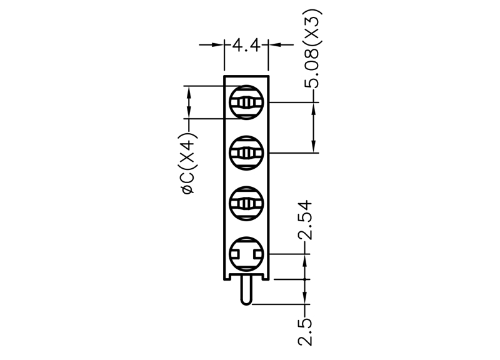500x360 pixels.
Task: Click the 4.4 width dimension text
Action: [246, 45]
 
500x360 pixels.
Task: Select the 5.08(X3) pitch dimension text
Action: [312, 49]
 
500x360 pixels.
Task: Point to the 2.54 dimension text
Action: [305, 220]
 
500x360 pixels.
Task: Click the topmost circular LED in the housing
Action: [246, 102]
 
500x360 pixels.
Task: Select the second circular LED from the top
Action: [246, 153]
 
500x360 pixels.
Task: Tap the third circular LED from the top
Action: [246, 203]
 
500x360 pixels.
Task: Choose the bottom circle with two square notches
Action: [246, 254]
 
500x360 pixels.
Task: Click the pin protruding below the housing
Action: [246, 290]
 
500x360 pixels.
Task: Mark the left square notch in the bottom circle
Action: [234, 254]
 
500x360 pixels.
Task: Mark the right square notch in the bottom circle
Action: [258, 254]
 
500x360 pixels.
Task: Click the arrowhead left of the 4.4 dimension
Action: [217, 45]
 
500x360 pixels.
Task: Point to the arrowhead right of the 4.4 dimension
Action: [274, 45]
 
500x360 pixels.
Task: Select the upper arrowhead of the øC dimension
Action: [189, 93]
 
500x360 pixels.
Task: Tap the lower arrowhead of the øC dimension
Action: [189, 112]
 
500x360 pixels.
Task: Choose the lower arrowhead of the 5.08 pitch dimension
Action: [314, 146]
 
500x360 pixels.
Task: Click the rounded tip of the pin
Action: [246, 303]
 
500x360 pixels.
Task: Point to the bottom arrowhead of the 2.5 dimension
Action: [305, 297]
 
